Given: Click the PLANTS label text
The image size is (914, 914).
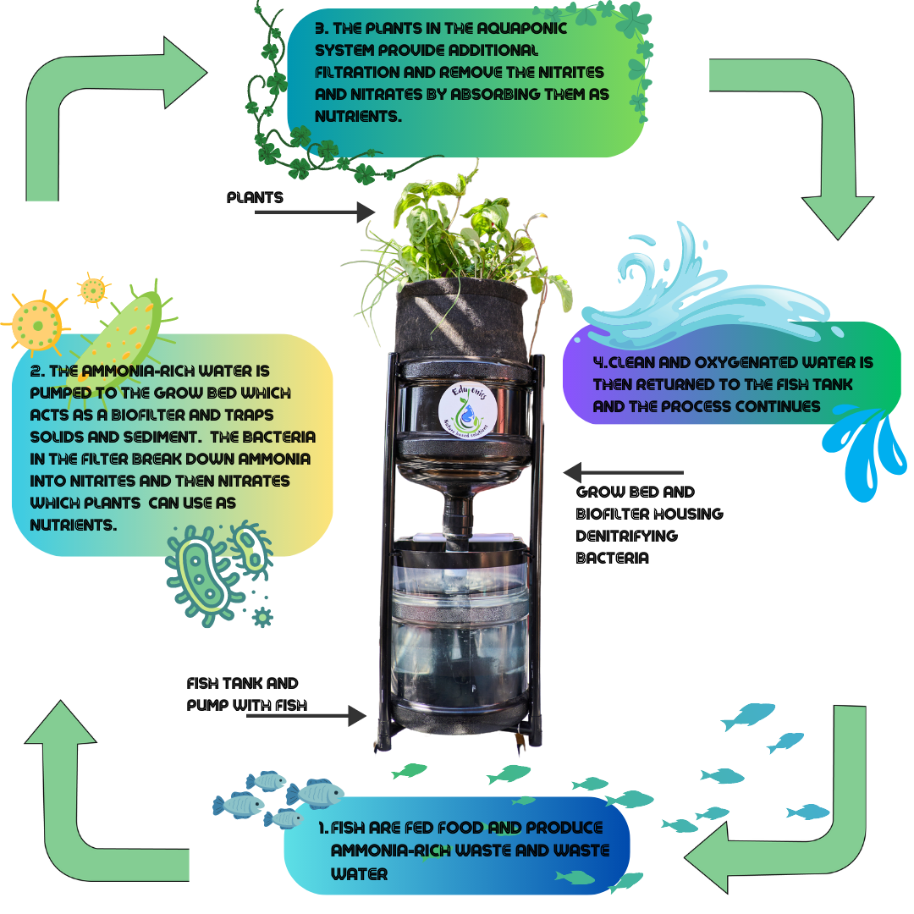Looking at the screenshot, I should tap(255, 197).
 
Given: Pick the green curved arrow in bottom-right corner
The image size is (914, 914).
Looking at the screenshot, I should tap(796, 812).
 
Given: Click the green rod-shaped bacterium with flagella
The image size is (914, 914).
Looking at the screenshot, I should tap(127, 330).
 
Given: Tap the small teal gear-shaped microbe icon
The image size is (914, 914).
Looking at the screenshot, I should tap(263, 617).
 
